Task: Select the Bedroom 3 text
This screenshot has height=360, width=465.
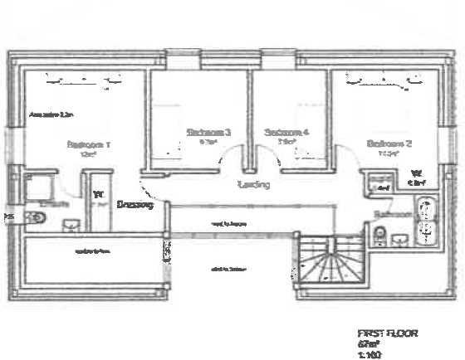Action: [x=208, y=133]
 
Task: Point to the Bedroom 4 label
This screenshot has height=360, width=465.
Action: [x=286, y=133]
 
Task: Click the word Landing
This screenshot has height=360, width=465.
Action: [x=253, y=184]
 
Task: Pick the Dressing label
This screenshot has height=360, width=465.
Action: [x=135, y=204]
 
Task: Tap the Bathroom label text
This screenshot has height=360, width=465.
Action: [x=392, y=214]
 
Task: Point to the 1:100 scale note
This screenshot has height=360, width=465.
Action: [x=368, y=353]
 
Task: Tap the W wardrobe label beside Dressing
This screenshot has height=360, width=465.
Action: [x=98, y=196]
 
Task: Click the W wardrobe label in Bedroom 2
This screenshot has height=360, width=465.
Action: [x=414, y=175]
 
